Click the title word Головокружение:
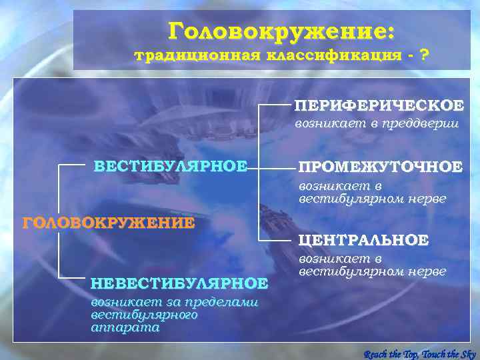(282, 31)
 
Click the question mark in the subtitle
(424, 55)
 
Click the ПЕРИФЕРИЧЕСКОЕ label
(380, 105)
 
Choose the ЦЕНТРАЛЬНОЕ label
(363, 239)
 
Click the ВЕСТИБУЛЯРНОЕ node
(171, 166)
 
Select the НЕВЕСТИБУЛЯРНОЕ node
(179, 283)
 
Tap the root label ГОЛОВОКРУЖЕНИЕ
(109, 222)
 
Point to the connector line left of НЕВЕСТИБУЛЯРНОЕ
(73, 277)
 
